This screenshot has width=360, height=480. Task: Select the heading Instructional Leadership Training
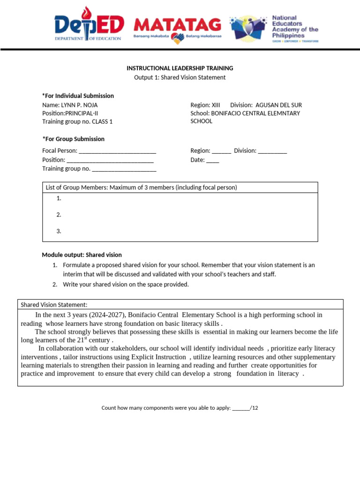click(180, 68)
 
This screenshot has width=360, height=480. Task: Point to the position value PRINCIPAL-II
click(82, 113)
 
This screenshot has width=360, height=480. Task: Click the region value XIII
click(216, 105)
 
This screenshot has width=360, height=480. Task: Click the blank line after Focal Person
click(117, 151)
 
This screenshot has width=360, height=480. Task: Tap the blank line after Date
click(212, 160)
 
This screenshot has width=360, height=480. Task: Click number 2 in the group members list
click(59, 215)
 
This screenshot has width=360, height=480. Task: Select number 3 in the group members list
click(59, 231)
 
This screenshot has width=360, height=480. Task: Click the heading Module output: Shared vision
click(82, 255)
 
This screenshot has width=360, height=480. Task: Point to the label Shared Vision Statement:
click(54, 305)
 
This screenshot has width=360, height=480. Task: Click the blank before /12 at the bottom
click(241, 408)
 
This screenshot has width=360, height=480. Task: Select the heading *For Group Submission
click(74, 139)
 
